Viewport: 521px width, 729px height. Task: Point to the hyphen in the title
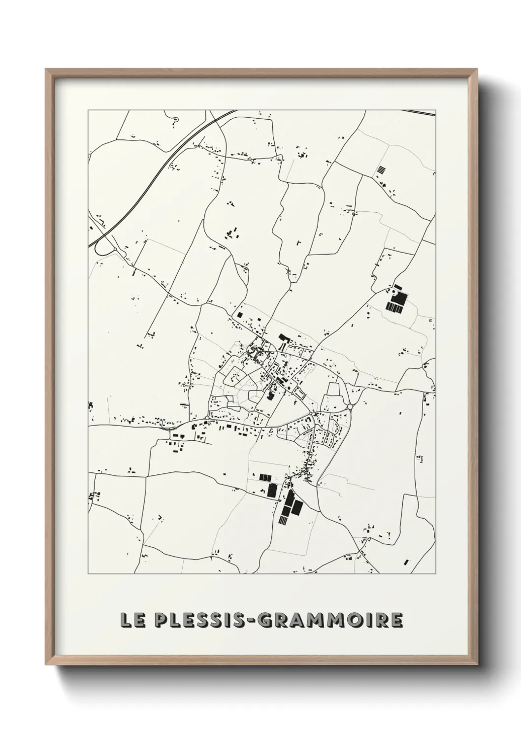click(x=251, y=621)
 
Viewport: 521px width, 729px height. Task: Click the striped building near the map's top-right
click(x=381, y=170)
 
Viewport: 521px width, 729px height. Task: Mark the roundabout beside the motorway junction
click(x=115, y=250)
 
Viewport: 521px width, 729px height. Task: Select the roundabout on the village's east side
click(x=349, y=406)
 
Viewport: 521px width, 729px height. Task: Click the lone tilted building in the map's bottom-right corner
click(x=406, y=562)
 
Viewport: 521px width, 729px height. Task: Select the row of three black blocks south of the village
click(x=265, y=477)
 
